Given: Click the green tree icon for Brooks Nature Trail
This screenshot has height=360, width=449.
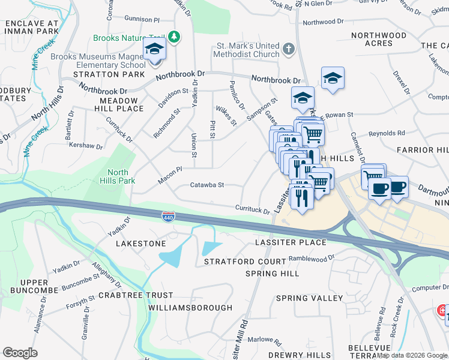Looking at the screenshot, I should (174, 37).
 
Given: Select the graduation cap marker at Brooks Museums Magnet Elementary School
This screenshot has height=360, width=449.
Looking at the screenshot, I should (154, 49).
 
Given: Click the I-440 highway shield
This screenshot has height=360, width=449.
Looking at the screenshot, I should (169, 215).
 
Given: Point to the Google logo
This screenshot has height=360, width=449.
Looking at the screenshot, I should (20, 353).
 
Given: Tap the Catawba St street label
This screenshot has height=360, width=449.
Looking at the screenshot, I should (207, 185).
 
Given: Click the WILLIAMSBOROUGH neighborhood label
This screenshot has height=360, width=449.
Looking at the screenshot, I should (190, 308).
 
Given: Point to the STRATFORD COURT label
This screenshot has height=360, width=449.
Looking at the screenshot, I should (245, 262).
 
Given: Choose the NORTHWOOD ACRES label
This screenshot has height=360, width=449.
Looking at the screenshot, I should (379, 39).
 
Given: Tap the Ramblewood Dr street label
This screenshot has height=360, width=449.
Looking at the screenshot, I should (311, 257).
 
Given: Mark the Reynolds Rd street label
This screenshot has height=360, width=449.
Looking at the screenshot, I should (387, 133).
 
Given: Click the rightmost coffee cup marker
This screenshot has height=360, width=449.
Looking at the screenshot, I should (398, 187).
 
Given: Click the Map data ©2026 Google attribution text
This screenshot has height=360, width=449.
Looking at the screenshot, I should (412, 355).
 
